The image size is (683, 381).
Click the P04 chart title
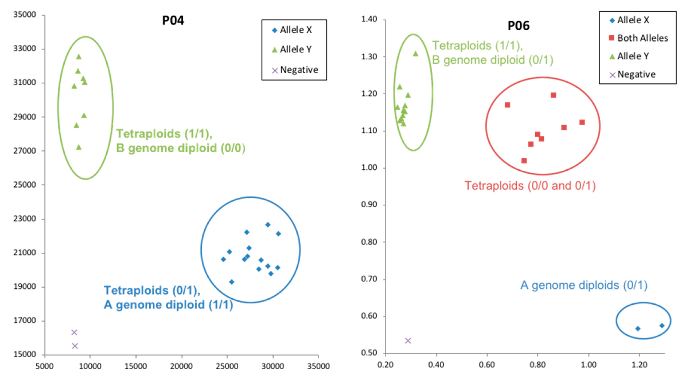coord(173,20)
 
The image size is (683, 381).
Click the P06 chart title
coord(518,26)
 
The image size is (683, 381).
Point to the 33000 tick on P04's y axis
coord(24,49)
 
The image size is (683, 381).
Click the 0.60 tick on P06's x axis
coord(487,365)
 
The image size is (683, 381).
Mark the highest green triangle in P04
coord(79,57)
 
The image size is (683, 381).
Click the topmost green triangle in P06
coord(415,54)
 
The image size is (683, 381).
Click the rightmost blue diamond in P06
coord(662,326)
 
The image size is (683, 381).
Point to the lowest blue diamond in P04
coord(231,282)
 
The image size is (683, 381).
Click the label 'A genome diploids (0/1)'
coord(584,285)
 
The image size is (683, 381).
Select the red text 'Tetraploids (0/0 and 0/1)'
coord(530,186)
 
